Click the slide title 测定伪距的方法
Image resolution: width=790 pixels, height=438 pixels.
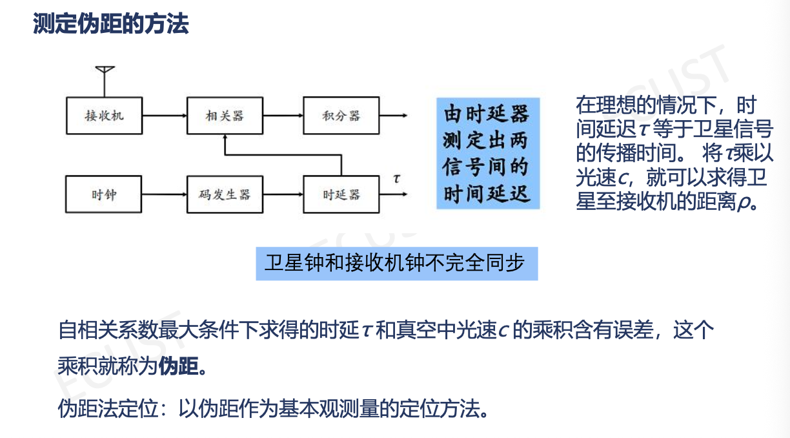[x=110, y=25]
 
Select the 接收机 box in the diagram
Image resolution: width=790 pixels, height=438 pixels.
[x=104, y=116]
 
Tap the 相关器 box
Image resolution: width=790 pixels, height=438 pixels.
[x=225, y=116]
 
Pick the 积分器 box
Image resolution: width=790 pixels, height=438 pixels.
[x=341, y=116]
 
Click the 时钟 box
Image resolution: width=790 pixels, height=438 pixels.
[x=104, y=194]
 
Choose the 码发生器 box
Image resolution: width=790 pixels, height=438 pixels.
[x=225, y=194]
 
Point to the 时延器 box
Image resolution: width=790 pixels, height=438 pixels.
[x=341, y=194]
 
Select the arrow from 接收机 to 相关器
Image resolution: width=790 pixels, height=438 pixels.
[x=165, y=116]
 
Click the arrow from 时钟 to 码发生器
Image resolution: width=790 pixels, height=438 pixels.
[x=165, y=194]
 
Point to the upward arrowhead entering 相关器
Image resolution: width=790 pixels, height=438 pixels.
[x=225, y=138]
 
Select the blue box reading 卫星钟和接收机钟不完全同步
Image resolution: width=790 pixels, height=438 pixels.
[x=396, y=264]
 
